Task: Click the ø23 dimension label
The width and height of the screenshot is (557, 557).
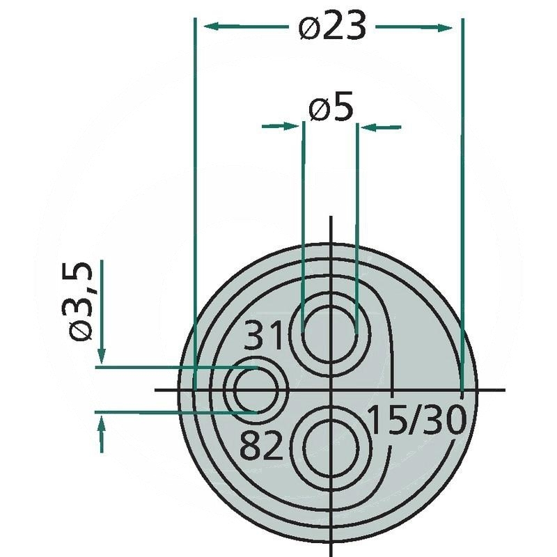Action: (332, 26)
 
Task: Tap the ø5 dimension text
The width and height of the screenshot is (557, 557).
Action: (331, 107)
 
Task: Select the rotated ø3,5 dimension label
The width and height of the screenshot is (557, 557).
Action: (80, 301)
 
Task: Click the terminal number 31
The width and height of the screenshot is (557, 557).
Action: (263, 335)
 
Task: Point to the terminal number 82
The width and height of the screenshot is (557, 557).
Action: (261, 445)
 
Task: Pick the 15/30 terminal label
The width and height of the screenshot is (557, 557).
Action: (416, 421)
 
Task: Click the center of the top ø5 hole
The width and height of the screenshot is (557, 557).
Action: (330, 334)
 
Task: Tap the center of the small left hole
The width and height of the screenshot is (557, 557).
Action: (256, 390)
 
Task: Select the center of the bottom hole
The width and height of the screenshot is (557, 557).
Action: (331, 447)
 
